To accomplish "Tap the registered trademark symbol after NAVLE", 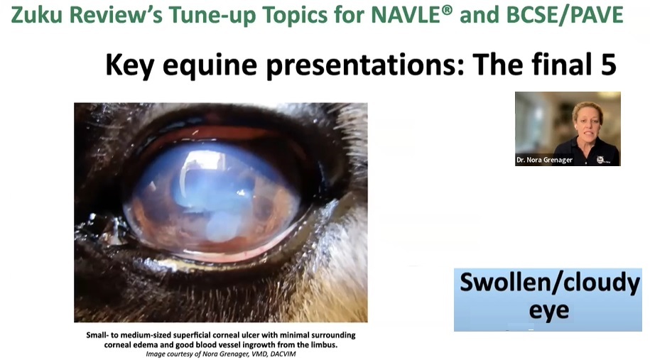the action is (447, 10).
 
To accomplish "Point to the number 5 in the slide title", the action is (607, 65).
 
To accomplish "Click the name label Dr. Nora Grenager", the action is (544, 160).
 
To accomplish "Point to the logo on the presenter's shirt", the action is (600, 160).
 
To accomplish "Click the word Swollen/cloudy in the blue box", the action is (550, 283).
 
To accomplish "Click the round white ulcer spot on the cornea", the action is (221, 227).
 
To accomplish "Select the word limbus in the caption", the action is (324, 344).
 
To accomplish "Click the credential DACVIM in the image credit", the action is (283, 354).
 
